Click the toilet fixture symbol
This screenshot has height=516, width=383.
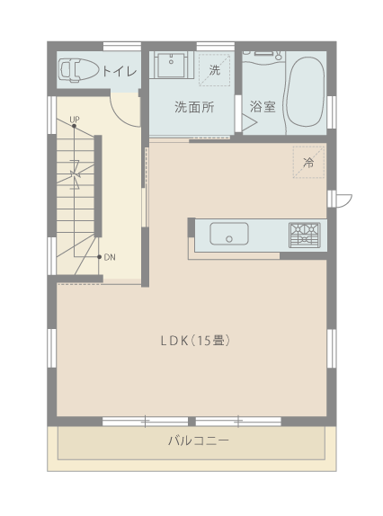pyautogui.click(x=78, y=70)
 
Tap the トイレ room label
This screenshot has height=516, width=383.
pyautogui.click(x=120, y=71)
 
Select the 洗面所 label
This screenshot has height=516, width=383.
pyautogui.click(x=194, y=107)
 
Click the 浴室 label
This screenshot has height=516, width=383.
pyautogui.click(x=263, y=107)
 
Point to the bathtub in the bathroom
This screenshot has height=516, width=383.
pyautogui.click(x=306, y=92)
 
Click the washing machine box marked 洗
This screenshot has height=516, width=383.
pyautogui.click(x=215, y=70)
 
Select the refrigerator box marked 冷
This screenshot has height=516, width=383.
pyautogui.click(x=308, y=162)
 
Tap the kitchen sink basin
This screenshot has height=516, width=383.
pyautogui.click(x=229, y=234)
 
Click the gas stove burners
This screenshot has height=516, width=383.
pyautogui.click(x=305, y=235)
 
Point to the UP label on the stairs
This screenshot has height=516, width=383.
pyautogui.click(x=75, y=120)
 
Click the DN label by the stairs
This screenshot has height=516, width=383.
pyautogui.click(x=110, y=257)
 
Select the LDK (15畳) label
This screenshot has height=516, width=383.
pyautogui.click(x=195, y=341)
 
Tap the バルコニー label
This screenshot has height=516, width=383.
pyautogui.click(x=199, y=440)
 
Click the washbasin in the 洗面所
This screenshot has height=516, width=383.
pyautogui.click(x=172, y=65)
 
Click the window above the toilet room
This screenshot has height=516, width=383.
pyautogui.click(x=122, y=46)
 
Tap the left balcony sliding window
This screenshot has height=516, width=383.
pyautogui.click(x=145, y=422)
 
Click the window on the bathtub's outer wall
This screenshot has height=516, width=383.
pyautogui.click(x=332, y=111)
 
